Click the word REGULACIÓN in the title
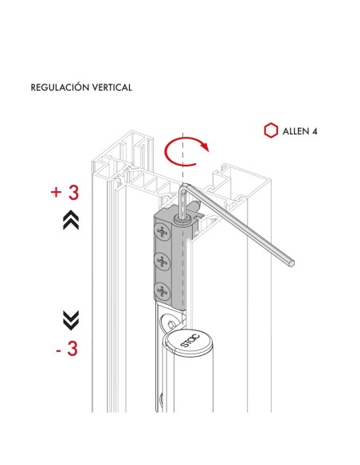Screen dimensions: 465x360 pos(57,87)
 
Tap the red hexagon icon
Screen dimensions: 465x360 pos(271,130)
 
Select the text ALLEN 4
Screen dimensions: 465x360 pos(300,131)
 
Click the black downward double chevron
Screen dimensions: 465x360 pos(70,319)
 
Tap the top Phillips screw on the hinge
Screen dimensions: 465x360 pos(162,232)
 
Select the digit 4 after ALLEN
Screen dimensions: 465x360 pos(315,131)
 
